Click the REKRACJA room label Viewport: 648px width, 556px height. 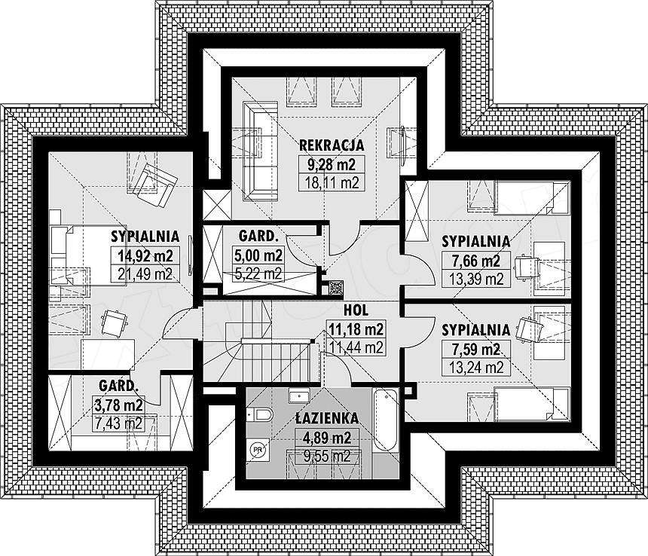(332, 145)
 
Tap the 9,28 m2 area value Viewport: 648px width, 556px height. (332, 164)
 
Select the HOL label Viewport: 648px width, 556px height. (356, 310)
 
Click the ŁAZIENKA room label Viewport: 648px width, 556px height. (327, 418)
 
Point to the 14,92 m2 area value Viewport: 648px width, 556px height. (145, 255)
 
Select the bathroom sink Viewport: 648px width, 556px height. (299, 395)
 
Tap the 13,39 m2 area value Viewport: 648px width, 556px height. (476, 280)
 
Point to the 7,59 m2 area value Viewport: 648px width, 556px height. (476, 349)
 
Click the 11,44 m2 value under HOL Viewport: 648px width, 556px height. (356, 348)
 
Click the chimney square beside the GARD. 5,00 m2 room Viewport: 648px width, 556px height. (335, 288)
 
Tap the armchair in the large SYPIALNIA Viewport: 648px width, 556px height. (156, 185)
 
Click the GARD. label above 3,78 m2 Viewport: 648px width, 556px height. (118, 386)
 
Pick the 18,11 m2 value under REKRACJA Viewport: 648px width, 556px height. (332, 182)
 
